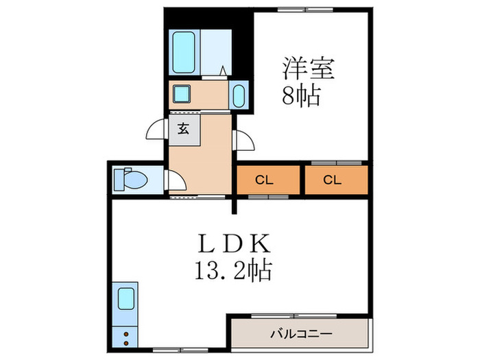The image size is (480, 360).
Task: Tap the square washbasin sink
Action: [x=182, y=93]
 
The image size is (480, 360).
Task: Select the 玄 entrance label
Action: [x=184, y=128]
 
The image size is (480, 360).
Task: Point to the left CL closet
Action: [x=268, y=180]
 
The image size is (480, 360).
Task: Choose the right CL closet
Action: [x=333, y=180]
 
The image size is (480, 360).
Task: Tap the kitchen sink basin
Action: [x=125, y=299]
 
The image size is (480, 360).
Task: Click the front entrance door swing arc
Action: [x=156, y=130]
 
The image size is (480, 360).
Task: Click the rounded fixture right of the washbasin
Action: [x=239, y=95]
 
